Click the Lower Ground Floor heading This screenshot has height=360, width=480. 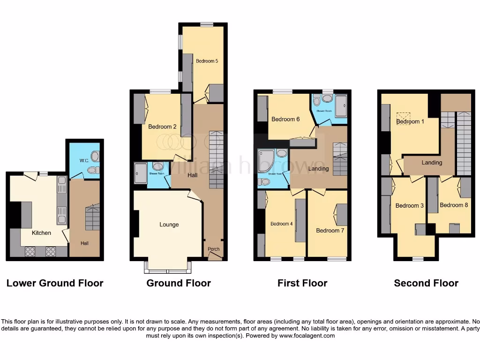pos(55,283)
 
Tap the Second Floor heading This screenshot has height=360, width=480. pos(426,283)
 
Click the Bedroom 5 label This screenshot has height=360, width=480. pos(207,61)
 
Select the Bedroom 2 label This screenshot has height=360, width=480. pos(162,127)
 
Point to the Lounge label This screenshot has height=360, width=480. pos(169,225)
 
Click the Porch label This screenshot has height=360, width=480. pos(213,249)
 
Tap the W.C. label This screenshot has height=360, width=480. pos(84,160)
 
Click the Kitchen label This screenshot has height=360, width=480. pos(41,232)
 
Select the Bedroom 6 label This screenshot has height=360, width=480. pos(285,119)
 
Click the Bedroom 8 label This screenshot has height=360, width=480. pos(454,205)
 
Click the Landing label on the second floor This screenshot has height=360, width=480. pos(432,163)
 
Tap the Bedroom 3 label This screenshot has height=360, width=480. pos(409,206)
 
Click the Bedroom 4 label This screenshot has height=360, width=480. pos(282,224)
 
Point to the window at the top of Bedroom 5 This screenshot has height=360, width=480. pos(207,24)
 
